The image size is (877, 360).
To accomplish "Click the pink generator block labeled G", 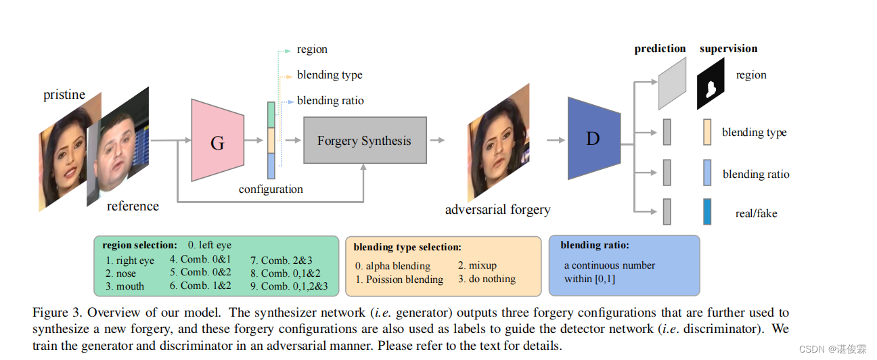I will coord(217,141).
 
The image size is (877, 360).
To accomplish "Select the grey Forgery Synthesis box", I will coord(365,141).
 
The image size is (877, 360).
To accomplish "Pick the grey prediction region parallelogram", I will coord(672,83).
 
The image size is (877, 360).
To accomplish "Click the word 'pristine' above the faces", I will coord(64,95).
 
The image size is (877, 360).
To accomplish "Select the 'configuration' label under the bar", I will coord(271,189).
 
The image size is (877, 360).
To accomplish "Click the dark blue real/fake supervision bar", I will coord(707,212).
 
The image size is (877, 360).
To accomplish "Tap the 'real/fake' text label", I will coord(756,214).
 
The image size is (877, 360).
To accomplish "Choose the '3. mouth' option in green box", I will coord(125,286).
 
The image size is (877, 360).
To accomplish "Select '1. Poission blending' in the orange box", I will coord(399,279).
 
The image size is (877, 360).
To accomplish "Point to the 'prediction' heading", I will coord(660,49).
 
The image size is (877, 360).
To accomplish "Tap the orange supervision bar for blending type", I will coord(707,132).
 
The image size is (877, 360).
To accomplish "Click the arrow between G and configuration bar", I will coord(254,141).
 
